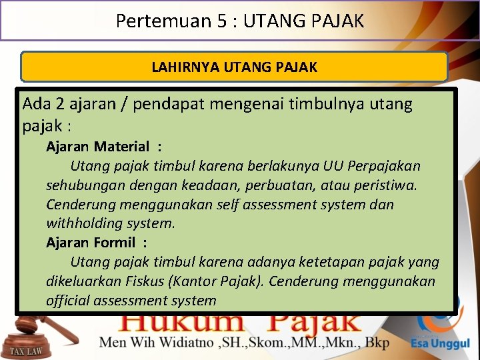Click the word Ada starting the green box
(36, 105)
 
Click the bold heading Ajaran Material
(97, 147)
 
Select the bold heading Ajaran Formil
(90, 243)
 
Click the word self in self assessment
(229, 204)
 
